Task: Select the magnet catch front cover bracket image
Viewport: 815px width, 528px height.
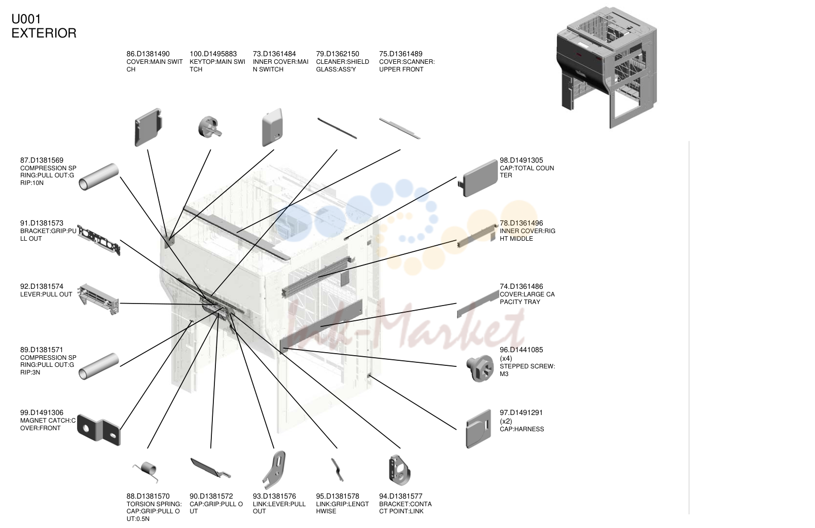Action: (99, 430)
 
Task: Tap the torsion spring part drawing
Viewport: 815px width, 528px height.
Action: (146, 472)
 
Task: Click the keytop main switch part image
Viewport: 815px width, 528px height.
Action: (209, 127)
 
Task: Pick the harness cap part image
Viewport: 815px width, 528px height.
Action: (478, 429)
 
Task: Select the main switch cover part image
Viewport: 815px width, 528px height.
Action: (148, 127)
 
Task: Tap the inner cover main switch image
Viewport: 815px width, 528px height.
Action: (272, 127)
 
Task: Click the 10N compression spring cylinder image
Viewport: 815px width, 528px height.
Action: (99, 177)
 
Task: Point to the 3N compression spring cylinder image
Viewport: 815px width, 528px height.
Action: (99, 366)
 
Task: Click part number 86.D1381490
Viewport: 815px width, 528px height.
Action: (148, 54)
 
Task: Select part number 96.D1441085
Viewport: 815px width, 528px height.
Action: (521, 350)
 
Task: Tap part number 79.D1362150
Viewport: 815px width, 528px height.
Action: (337, 54)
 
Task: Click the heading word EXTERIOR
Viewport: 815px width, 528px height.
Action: (44, 33)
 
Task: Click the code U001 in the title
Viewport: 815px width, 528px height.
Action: (26, 19)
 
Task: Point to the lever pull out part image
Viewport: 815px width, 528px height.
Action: (99, 299)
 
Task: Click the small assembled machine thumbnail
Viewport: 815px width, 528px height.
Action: (607, 67)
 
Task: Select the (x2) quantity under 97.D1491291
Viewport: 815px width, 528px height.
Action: (506, 421)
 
